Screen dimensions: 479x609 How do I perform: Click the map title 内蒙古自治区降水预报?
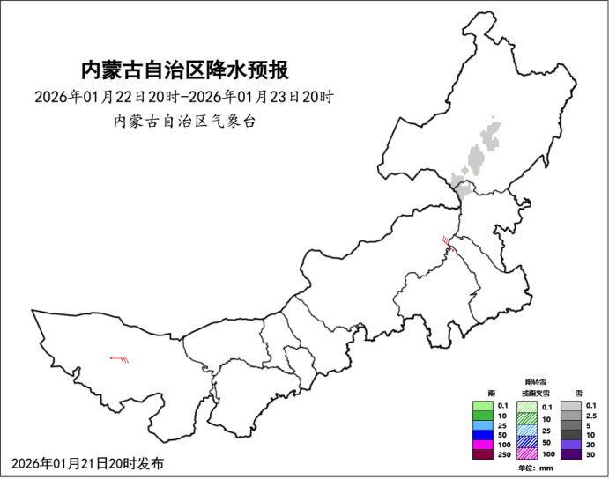click(184, 70)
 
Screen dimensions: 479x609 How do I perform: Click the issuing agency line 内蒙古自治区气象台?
click(184, 122)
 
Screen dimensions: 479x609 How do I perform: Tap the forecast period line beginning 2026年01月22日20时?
click(184, 96)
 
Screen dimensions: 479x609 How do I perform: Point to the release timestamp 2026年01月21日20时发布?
click(88, 463)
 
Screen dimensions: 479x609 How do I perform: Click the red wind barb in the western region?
click(120, 358)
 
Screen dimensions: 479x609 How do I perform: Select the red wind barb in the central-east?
click(449, 244)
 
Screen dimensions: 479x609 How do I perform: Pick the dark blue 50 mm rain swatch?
click(481, 435)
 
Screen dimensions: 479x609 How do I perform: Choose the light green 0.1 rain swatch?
click(481, 406)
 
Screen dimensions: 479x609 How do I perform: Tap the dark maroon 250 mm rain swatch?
click(481, 453)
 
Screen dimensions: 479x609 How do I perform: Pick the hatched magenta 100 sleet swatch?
click(526, 454)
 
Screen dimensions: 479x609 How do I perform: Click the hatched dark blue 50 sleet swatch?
click(526, 442)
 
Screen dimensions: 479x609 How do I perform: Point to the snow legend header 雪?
click(578, 393)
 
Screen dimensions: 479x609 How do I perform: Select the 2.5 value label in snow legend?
click(591, 416)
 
